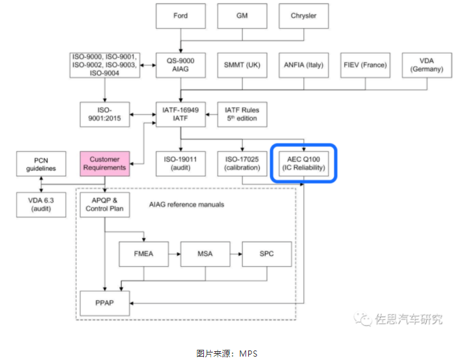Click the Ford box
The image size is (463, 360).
coord(180,16)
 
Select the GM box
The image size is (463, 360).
coord(242,16)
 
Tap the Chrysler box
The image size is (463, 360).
coord(303,16)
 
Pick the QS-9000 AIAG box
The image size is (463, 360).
coord(180,65)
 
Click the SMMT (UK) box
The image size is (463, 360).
coord(242,65)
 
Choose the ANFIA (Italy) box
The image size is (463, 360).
coord(303,65)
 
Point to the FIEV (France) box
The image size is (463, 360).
coord(365,65)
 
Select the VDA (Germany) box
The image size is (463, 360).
coord(427,65)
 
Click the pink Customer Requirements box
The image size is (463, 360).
coord(104,163)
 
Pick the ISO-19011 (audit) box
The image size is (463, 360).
coord(180,163)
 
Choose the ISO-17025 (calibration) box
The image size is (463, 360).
coord(242,163)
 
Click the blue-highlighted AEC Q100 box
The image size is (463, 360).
coord(303,163)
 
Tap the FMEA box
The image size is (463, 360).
coord(143,254)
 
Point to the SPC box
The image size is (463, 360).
coord(267,254)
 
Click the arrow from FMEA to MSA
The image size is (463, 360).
coord(174,254)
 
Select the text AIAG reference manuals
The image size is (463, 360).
coord(186,205)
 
